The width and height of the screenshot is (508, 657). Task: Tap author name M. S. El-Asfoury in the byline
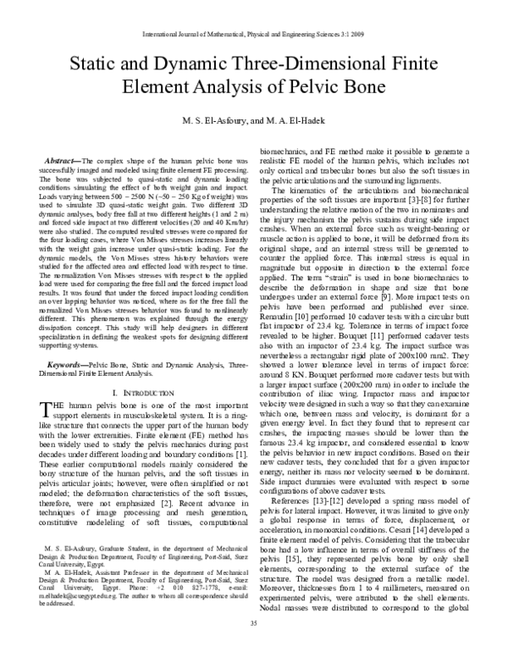pyautogui.click(x=213, y=121)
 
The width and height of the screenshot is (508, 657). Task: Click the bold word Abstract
pyautogui.click(x=58, y=160)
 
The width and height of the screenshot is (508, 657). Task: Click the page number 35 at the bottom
pyautogui.click(x=253, y=648)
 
